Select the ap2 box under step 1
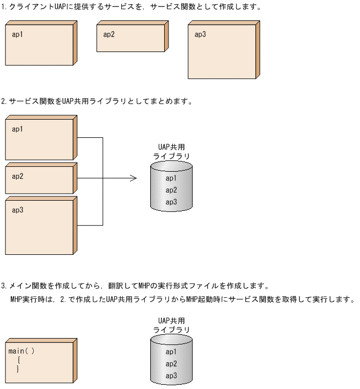pyautogui.click(x=131, y=38)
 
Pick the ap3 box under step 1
pyautogui.click(x=222, y=53)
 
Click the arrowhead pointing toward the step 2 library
pyautogui.click(x=134, y=178)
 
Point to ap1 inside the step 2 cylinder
pyautogui.click(x=171, y=178)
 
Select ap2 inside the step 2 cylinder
pyautogui.click(x=171, y=190)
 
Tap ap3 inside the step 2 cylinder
pyautogui.click(x=171, y=202)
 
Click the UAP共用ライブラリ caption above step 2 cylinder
pyautogui.click(x=171, y=151)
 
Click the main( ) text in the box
pyautogui.click(x=21, y=351)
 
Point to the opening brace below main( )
pyautogui.click(x=19, y=360)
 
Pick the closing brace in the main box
pyautogui.click(x=18, y=369)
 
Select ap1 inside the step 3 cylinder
pyautogui.click(x=171, y=352)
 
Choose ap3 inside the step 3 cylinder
pyautogui.click(x=171, y=376)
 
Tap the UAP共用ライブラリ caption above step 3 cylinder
pyautogui.click(x=171, y=325)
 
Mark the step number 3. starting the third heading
pyautogui.click(x=4, y=286)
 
